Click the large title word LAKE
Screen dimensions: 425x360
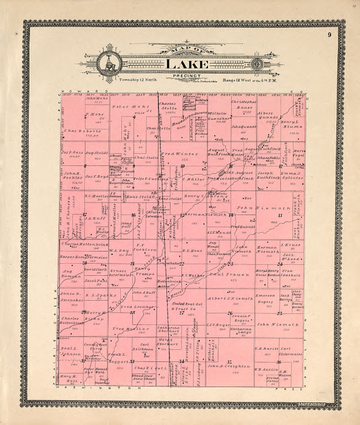click(x=184, y=63)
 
